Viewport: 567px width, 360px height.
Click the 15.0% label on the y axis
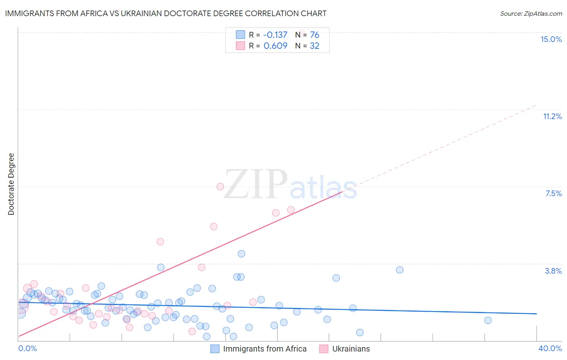551,39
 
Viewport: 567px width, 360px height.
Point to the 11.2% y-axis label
552,116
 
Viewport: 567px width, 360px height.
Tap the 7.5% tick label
553,193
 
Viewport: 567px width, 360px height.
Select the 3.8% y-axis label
553,271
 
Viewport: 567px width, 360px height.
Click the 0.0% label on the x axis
27,348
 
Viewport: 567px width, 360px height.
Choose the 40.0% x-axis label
550,348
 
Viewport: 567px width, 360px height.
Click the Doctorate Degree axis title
11,184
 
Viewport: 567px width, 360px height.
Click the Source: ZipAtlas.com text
531,13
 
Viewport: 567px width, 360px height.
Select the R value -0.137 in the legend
275,35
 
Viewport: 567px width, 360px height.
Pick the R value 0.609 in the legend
275,46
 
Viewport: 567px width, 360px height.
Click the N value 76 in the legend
315,35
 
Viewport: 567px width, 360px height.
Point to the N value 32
315,46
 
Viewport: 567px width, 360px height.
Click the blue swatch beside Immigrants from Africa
215,349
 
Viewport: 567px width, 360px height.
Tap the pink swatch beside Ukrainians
324,349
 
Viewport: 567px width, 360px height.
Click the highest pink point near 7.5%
220,186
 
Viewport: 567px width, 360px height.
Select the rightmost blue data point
488,320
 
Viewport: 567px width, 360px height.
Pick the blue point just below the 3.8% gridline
400,270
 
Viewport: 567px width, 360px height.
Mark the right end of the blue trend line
536,314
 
